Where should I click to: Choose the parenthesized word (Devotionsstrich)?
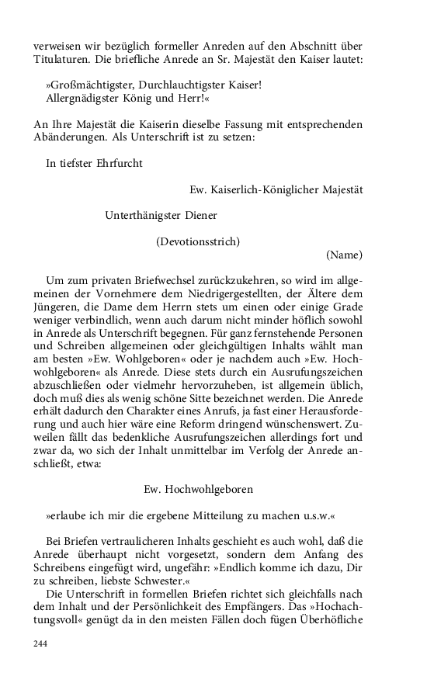click(x=198, y=241)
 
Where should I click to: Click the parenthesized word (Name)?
click(x=344, y=254)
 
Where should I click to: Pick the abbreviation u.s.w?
click(x=316, y=515)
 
